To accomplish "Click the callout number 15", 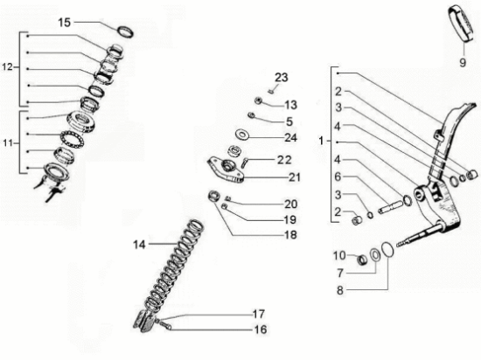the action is click(x=65, y=23).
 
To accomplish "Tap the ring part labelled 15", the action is click(x=126, y=31).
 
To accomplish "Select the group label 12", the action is click(x=7, y=66).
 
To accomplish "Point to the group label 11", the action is click(x=8, y=142).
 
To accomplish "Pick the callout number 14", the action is click(x=139, y=245).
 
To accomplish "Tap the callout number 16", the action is click(x=261, y=329).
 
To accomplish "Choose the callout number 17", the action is click(x=259, y=314).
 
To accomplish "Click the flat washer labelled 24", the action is click(x=242, y=135).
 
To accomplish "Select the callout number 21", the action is click(x=294, y=177).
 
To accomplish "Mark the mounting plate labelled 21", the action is click(x=226, y=170).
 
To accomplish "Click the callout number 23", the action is click(x=282, y=78).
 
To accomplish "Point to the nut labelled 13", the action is click(x=258, y=100).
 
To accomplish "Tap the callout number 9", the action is click(x=463, y=63).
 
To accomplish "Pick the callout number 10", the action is click(x=339, y=255).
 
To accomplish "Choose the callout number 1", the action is click(x=321, y=142).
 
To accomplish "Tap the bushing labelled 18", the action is click(x=213, y=196).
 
